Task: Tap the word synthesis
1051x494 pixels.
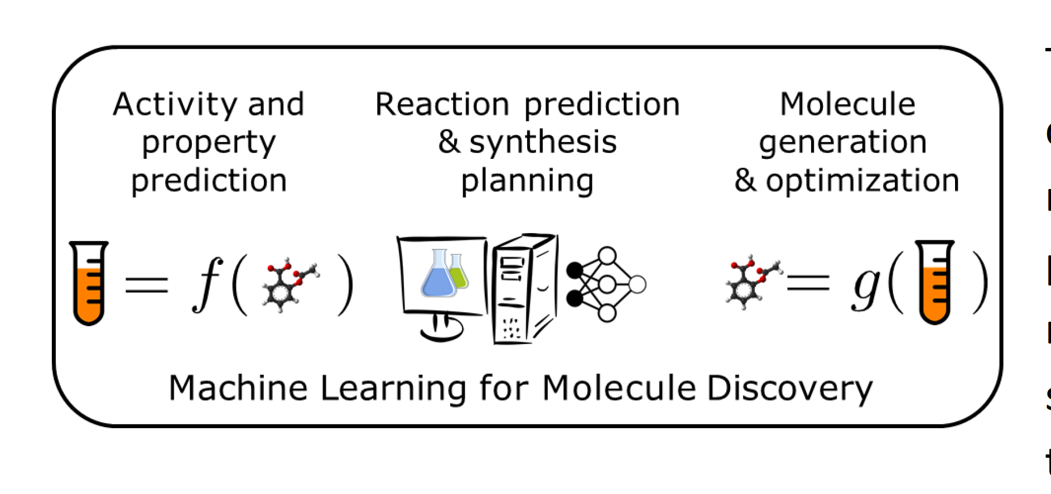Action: [543, 142]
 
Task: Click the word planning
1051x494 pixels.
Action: [527, 181]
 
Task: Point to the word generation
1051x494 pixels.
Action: [842, 142]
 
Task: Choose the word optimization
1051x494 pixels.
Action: [862, 181]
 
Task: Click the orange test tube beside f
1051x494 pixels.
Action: [89, 283]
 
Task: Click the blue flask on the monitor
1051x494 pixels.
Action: [438, 275]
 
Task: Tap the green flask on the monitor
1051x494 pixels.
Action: [459, 273]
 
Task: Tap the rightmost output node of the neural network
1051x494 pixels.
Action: [637, 284]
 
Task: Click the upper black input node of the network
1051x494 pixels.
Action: [575, 270]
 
